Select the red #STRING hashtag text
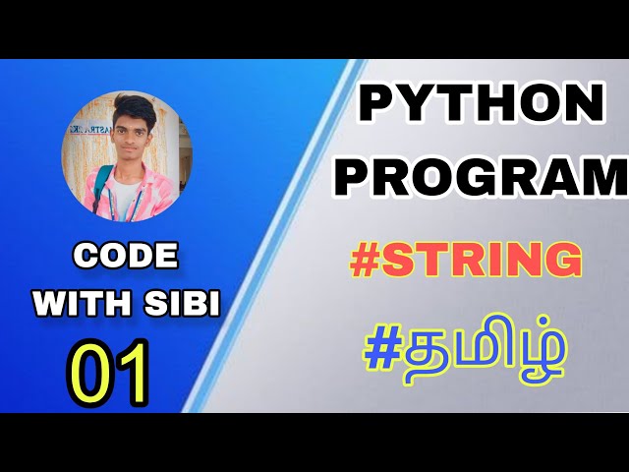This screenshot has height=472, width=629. click(x=465, y=261)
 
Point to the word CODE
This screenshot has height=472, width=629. click(x=126, y=257)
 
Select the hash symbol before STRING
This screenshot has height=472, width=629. click(x=367, y=262)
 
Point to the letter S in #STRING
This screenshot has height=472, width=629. click(x=400, y=262)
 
